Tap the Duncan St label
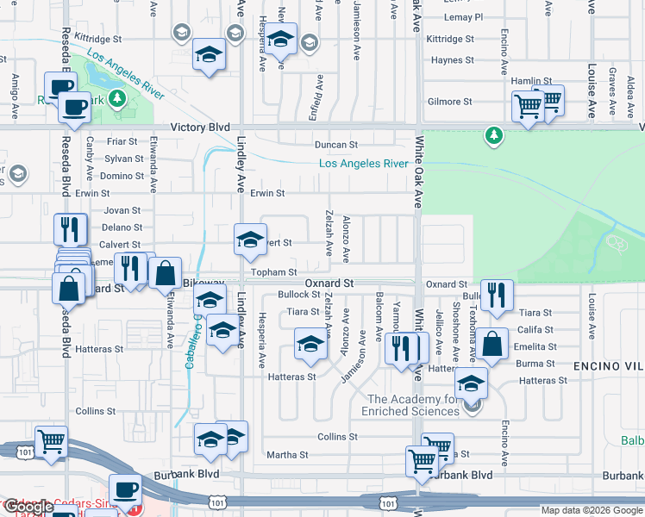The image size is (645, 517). click(335, 146)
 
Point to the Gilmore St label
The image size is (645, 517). click(450, 102)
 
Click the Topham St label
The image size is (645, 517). click(274, 272)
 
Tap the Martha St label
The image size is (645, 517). click(287, 455)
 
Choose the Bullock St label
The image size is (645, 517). click(298, 295)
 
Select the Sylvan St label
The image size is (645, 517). click(123, 159)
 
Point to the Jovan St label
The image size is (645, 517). click(122, 210)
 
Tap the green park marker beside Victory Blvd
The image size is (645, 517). click(493, 135)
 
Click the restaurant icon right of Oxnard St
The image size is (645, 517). click(496, 296)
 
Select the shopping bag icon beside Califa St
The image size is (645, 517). click(494, 344)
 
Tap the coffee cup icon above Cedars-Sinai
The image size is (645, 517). click(125, 489)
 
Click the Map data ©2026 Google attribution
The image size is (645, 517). click(592, 510)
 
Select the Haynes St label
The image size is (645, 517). click(448, 60)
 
